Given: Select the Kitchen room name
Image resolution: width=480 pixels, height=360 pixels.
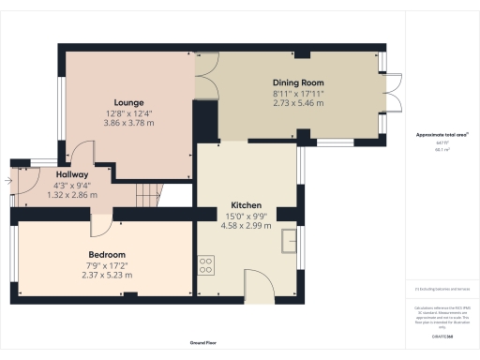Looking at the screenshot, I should click(x=246, y=205).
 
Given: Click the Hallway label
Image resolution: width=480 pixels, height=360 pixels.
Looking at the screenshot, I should click(x=72, y=174).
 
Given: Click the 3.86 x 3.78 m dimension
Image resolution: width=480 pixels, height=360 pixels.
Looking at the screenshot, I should click(x=127, y=123).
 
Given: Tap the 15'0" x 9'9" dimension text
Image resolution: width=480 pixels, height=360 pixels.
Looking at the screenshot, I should click(x=246, y=216).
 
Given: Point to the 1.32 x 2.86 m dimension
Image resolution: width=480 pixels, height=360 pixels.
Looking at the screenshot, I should click(x=72, y=196).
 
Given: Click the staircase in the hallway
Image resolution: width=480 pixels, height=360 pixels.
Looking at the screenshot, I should click(x=148, y=195).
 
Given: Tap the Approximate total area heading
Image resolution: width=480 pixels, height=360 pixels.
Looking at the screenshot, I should click(x=442, y=135).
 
